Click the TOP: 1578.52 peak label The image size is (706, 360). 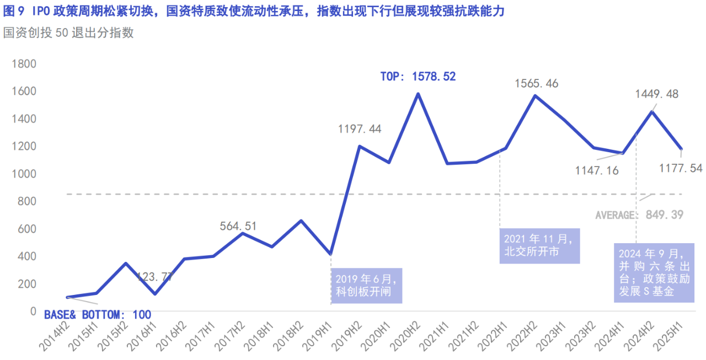click(418, 77)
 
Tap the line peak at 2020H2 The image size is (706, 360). click(418, 94)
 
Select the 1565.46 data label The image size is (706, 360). click(536, 84)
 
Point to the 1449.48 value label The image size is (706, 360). click(656, 94)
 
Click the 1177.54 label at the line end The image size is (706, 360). click(681, 168)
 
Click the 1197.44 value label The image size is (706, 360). click(360, 129)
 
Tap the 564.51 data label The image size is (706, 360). click(238, 226)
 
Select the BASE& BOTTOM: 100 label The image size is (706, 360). click(98, 315)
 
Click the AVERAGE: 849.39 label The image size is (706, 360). click(639, 215)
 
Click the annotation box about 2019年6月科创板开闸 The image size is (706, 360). click(366, 286)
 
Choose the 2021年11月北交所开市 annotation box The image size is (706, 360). click(539, 246)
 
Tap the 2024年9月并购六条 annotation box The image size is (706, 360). click(654, 273)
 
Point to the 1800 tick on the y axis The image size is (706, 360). click(24, 64)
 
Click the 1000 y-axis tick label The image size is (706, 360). click(24, 174)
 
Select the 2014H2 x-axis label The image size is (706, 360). click(55, 335)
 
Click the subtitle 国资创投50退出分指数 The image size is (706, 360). click(68, 33)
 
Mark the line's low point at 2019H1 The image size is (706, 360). click(330, 254)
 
